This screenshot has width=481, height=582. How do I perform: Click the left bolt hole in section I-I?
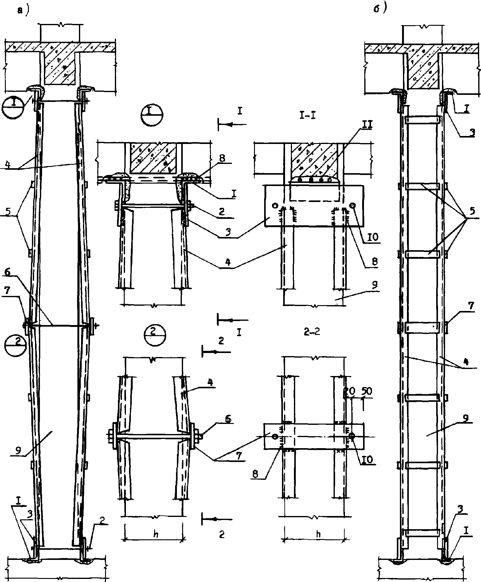(x=275, y=205)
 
